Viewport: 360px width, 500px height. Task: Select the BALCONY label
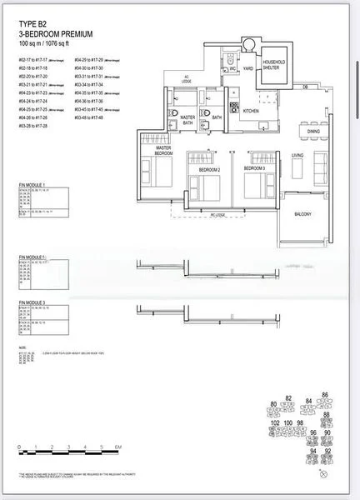click(x=302, y=214)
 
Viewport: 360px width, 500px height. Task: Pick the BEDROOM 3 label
click(x=253, y=168)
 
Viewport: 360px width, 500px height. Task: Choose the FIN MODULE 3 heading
click(x=32, y=302)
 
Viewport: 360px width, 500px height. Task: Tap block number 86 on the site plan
click(x=326, y=394)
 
